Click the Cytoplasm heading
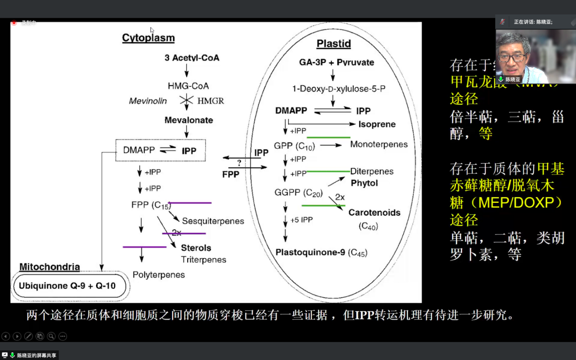(148, 38)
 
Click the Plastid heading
(334, 44)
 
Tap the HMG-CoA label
(188, 86)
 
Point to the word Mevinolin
(148, 101)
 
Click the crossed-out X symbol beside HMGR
(187, 100)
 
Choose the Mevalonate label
(189, 120)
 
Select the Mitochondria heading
(50, 267)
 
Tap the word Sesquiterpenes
(213, 221)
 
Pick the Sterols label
(196, 248)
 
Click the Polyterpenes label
(159, 275)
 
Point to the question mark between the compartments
(239, 163)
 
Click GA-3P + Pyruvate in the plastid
(336, 62)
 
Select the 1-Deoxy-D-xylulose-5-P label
(339, 89)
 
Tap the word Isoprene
(377, 124)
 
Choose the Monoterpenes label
(379, 144)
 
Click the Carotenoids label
(374, 213)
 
